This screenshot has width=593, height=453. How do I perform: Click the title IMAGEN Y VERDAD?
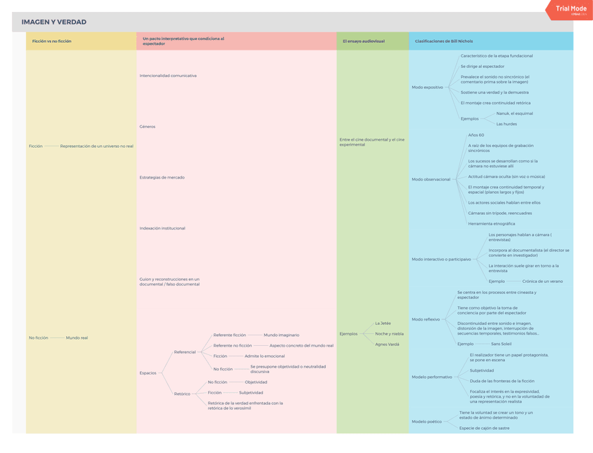pos(54,22)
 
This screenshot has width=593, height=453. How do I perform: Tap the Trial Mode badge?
pos(571,8)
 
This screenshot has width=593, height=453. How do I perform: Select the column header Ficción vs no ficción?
pos(52,41)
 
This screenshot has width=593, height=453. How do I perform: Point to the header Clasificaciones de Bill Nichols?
pos(443,41)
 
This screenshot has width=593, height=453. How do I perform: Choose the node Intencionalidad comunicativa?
pos(168,76)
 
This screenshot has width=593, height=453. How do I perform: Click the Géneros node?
pos(148,127)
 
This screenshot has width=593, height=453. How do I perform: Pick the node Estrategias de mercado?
pos(162,178)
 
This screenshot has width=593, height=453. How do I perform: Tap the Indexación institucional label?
pos(162,228)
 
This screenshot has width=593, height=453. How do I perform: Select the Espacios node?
pos(148,373)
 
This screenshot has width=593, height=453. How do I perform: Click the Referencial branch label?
pos(185,352)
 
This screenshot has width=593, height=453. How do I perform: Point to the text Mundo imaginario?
pos(281,335)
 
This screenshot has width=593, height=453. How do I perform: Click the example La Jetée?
pos(383,323)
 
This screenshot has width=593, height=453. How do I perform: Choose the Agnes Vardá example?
pos(387,344)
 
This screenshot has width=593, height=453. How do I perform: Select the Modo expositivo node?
pos(427,88)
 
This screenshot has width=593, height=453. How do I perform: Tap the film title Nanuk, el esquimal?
pos(515,113)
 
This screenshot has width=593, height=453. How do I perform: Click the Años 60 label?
pos(476,135)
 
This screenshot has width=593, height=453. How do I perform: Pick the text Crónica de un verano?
pos(543,281)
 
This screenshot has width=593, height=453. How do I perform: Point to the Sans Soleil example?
pos(501,344)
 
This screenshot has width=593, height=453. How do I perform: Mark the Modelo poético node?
pos(427,421)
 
